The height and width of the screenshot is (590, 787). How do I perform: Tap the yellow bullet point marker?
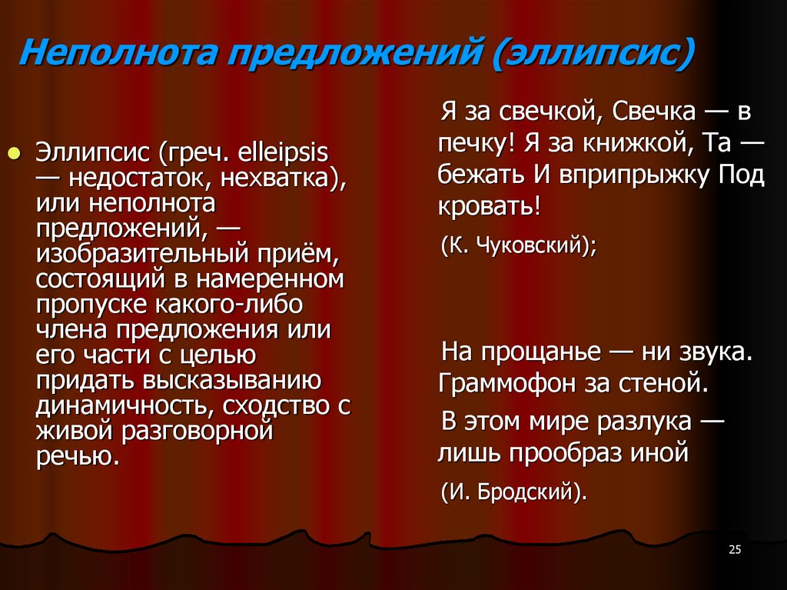(x=13, y=151)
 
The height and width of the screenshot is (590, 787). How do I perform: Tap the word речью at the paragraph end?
(x=77, y=455)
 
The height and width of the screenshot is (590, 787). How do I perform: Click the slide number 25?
(x=734, y=548)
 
